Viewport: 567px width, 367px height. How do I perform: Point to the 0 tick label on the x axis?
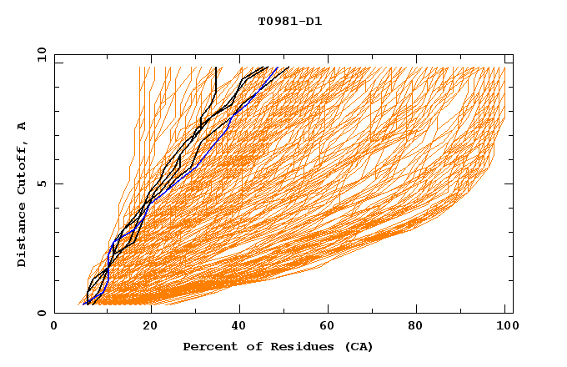(54, 327)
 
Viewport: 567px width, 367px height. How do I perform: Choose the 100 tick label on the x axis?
(504, 327)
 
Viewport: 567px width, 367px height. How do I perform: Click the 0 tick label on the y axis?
(42, 313)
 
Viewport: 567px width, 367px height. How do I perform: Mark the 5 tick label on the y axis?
(42, 183)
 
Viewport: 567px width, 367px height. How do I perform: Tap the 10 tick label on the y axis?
(39, 54)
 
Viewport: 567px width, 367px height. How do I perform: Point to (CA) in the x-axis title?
(359, 347)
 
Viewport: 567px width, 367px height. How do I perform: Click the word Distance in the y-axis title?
(22, 239)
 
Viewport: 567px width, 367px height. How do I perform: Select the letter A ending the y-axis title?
(22, 126)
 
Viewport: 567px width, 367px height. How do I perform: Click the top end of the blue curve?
(289, 68)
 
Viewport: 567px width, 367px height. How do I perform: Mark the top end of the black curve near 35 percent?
(216, 68)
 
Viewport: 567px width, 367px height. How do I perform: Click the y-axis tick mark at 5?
(57, 183)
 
